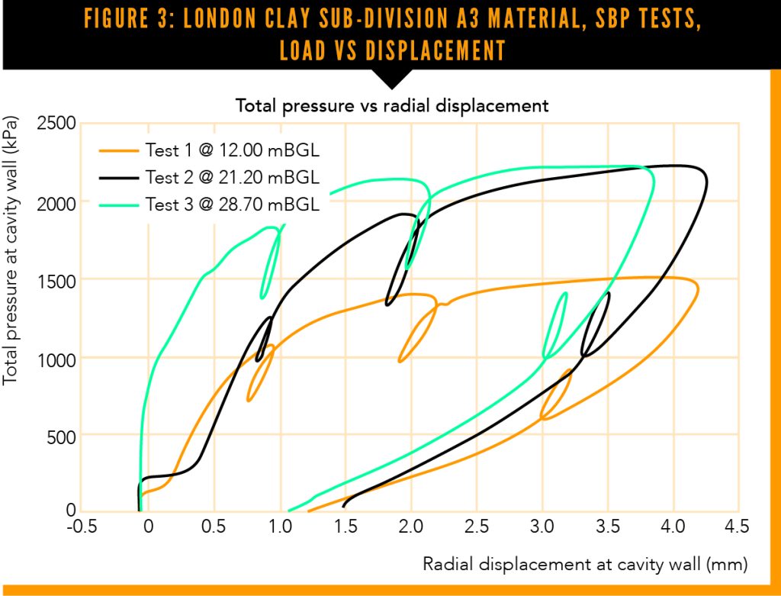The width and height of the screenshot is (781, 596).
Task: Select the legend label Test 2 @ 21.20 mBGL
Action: (x=232, y=178)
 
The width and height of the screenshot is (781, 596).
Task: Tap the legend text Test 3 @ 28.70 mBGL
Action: (x=232, y=205)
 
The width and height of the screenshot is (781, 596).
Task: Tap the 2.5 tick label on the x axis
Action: (x=477, y=527)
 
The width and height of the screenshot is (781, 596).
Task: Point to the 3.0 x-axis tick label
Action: (x=542, y=527)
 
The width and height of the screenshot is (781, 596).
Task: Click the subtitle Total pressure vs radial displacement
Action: (x=391, y=105)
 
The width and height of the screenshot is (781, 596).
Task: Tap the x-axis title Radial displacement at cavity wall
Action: (x=585, y=564)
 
